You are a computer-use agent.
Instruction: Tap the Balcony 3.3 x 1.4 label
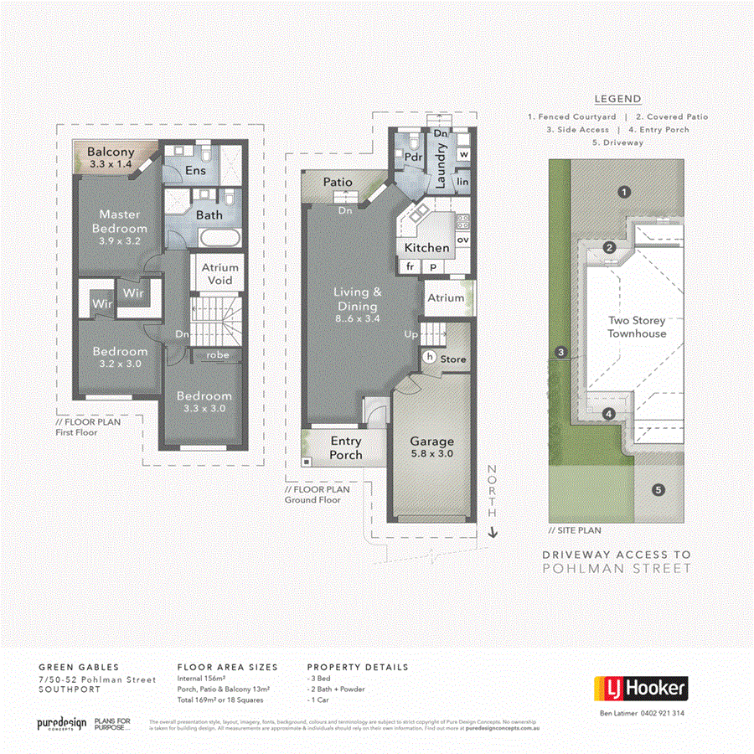point(111,158)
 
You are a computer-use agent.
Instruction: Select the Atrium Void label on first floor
point(219,273)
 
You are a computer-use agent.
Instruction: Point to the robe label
point(219,355)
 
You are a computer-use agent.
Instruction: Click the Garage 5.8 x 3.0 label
point(431,447)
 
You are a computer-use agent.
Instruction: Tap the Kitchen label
point(427,248)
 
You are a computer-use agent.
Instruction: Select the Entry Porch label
point(346,447)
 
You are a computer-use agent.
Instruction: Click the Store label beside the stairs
point(453,359)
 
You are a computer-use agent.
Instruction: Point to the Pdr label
point(412,157)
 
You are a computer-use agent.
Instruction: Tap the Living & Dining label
point(358,299)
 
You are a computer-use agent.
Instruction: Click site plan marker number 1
point(623,191)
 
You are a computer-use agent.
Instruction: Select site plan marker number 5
point(658,489)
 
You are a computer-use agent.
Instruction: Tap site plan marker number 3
point(559,353)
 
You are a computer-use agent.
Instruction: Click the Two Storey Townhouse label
point(637,327)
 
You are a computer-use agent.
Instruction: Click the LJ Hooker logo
point(641,689)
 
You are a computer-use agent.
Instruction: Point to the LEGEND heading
point(617,99)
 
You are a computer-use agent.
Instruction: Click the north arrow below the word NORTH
point(493,531)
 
